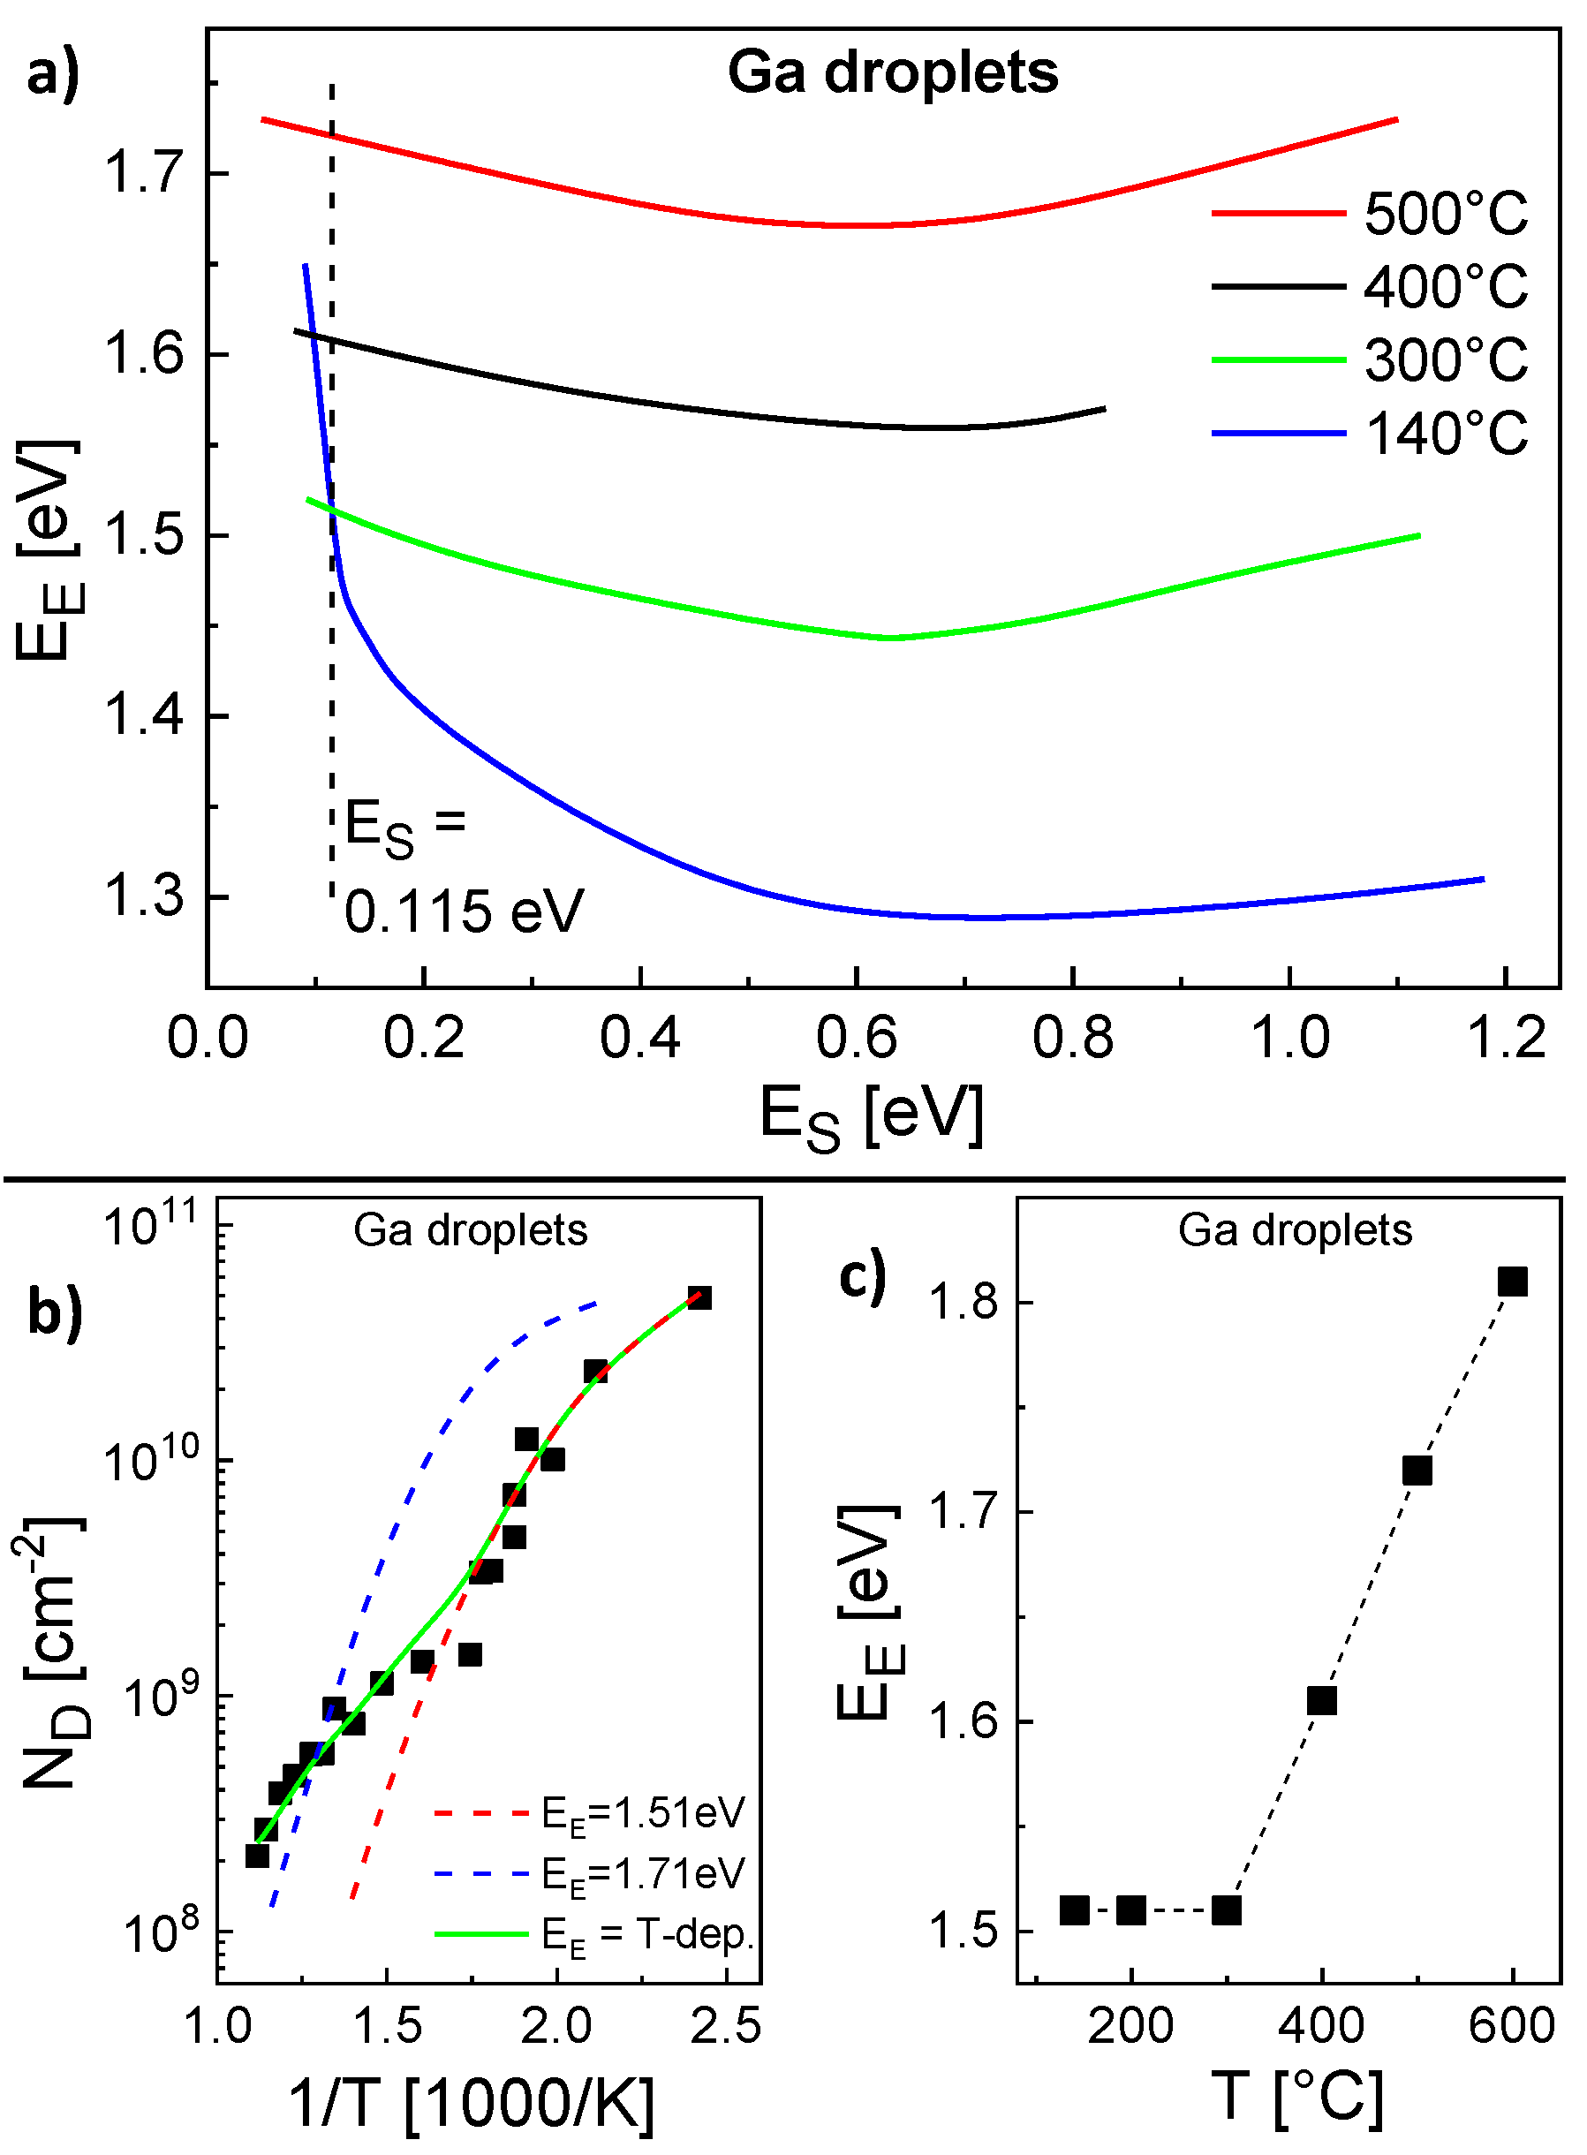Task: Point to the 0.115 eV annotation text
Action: click(464, 911)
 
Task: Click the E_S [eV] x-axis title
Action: click(872, 1115)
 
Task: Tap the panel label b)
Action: click(55, 1312)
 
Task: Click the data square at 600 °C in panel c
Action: click(1512, 1282)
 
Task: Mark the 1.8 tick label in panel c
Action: click(965, 1303)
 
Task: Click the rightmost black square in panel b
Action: click(699, 1299)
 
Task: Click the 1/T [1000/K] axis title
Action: click(471, 2102)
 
